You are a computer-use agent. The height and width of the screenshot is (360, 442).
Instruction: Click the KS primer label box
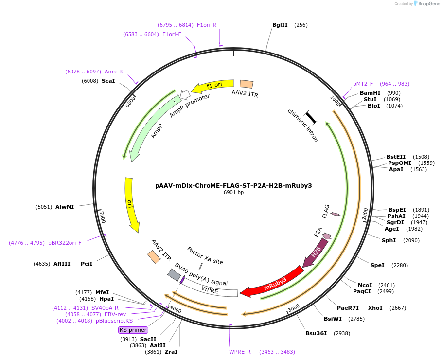click(x=133, y=330)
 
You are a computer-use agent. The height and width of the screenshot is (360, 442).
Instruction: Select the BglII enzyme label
click(x=280, y=25)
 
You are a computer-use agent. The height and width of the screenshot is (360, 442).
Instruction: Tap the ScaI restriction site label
click(x=108, y=81)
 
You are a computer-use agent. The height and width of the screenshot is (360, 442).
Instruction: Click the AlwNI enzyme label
click(x=65, y=207)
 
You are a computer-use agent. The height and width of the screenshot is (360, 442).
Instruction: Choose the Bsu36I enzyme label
click(x=316, y=333)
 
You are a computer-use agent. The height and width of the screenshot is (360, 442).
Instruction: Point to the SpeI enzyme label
click(x=377, y=265)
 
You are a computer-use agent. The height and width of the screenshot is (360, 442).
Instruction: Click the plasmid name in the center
click(x=233, y=185)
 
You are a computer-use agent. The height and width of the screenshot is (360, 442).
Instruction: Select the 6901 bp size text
click(x=233, y=193)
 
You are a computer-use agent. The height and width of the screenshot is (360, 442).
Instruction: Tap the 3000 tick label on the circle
click(x=293, y=308)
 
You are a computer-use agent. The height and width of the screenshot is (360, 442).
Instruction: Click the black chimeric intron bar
click(x=311, y=117)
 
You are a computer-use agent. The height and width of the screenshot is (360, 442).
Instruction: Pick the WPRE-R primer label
click(x=240, y=352)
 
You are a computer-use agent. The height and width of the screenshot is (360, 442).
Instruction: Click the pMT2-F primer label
click(x=363, y=84)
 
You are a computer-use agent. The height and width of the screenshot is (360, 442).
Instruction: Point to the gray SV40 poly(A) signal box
click(x=174, y=275)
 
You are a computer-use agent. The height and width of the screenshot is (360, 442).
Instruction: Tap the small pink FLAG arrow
click(x=335, y=214)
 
